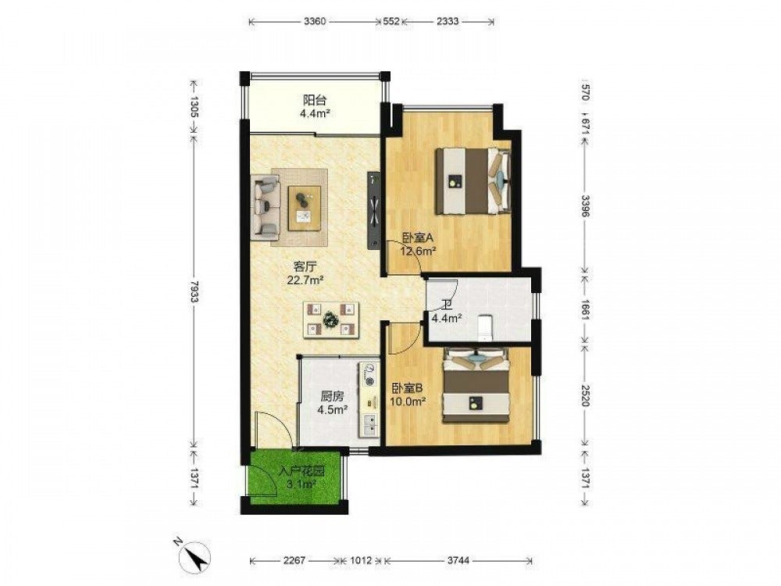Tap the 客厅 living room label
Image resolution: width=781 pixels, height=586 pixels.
pos(305,267)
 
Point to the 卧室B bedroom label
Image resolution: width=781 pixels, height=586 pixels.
pos(407,388)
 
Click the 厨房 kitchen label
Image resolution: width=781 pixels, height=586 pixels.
pos(332,397)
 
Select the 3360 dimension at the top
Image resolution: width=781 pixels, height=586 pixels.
pos(314,21)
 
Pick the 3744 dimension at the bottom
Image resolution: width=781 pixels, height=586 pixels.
pos(458,560)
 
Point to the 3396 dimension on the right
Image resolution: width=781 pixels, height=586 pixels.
pos(586,205)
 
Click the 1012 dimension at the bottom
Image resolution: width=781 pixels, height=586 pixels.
pos(361,560)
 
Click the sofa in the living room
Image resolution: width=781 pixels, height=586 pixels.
pos(266,205)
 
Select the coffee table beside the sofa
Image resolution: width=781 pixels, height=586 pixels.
pos(305,208)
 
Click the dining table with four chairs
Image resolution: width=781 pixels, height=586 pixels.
pos(331,320)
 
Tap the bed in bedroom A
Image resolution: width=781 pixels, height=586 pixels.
pos(474,181)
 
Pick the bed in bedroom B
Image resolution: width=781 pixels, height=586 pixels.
pos(476,384)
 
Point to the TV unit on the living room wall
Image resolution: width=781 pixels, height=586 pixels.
pos(373,210)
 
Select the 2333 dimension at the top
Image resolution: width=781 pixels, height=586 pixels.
pos(448,21)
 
